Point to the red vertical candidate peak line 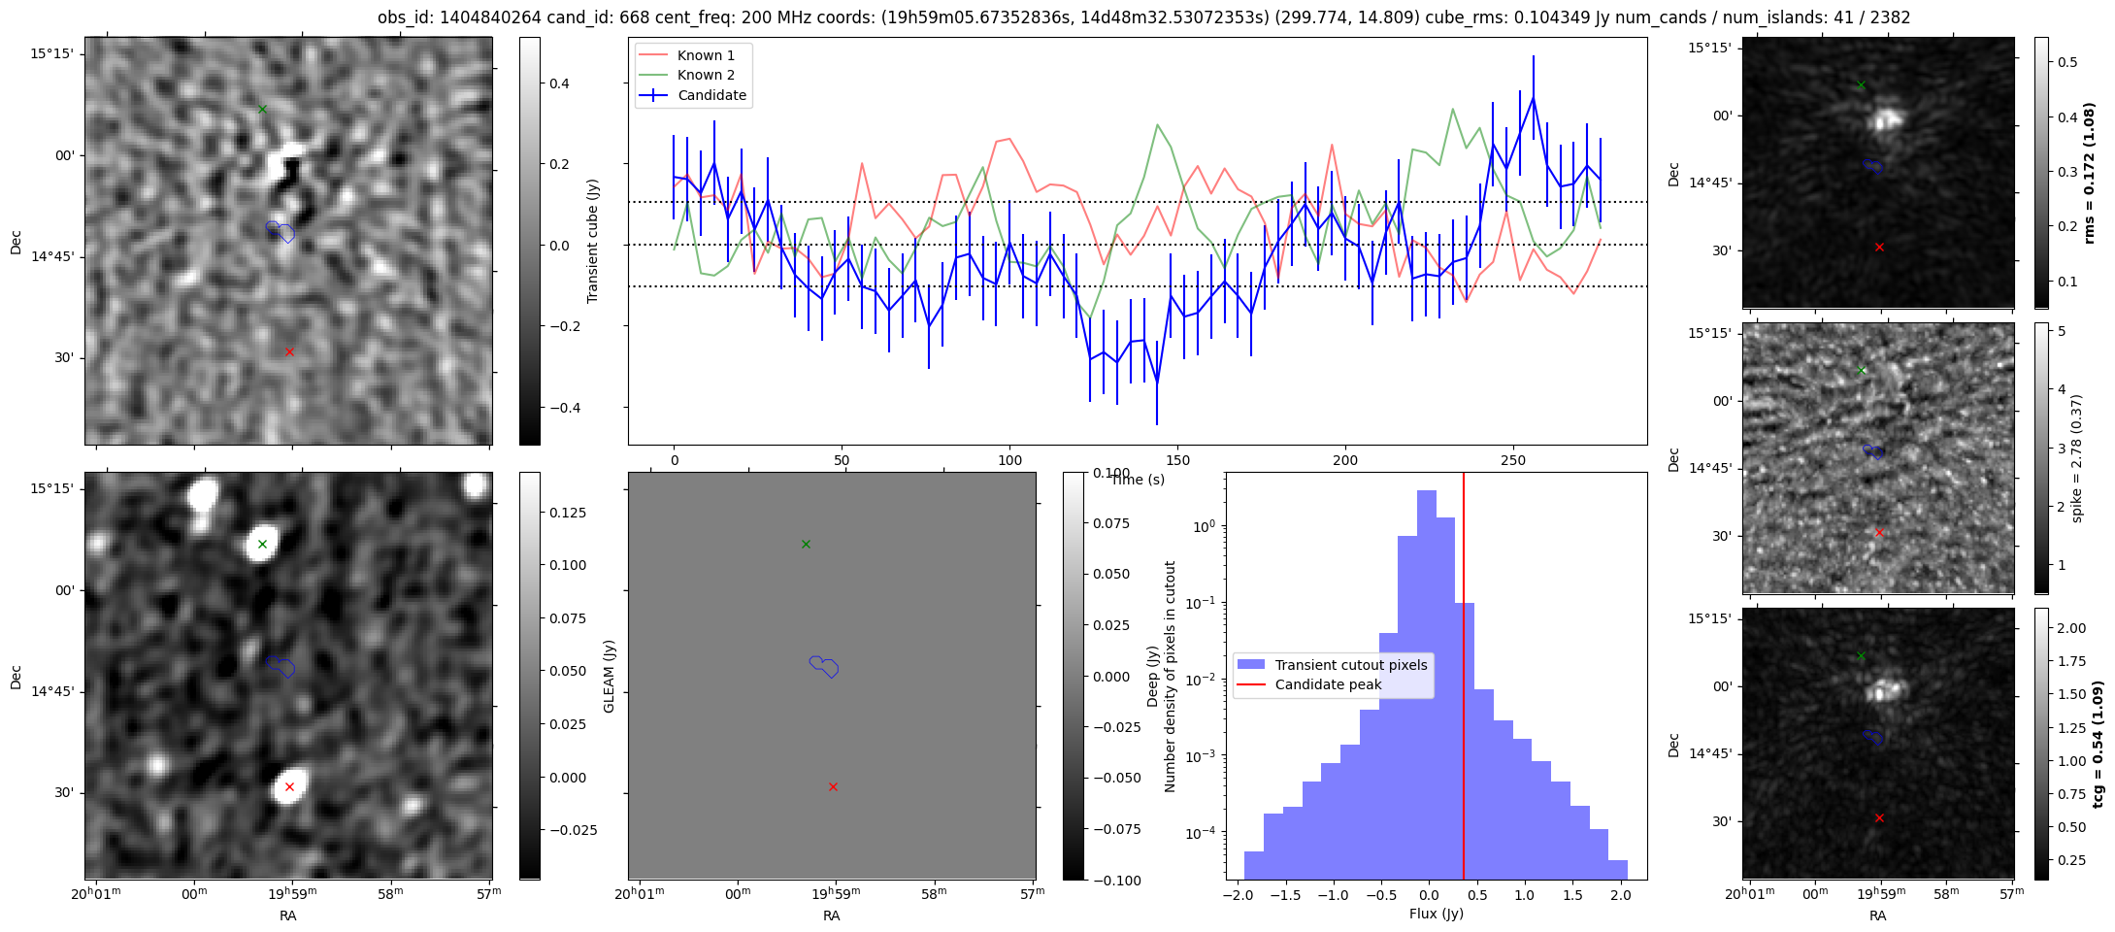(1464, 676)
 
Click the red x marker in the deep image (289, 786)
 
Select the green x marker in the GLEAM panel (806, 544)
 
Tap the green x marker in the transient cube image (262, 109)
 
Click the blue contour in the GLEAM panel (824, 666)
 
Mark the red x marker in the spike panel (1879, 532)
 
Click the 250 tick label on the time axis (1512, 460)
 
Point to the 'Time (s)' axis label (1138, 480)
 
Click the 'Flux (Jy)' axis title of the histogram (1436, 914)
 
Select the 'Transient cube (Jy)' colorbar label (593, 241)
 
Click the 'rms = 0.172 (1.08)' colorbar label (2090, 174)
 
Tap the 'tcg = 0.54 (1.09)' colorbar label (2098, 745)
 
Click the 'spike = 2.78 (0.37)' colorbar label (2076, 458)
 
